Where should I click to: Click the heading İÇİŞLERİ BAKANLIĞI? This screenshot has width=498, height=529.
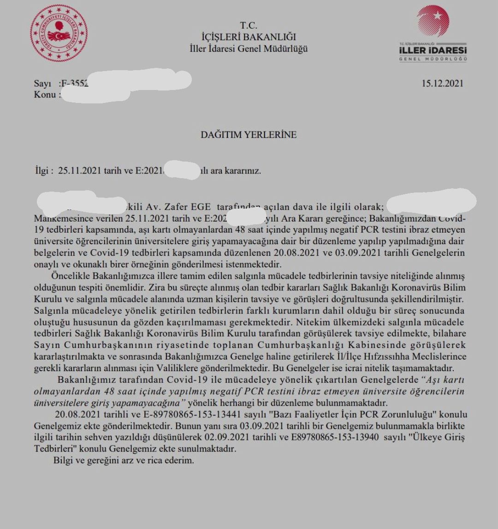[249, 37]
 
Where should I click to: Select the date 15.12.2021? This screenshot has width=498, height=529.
[442, 84]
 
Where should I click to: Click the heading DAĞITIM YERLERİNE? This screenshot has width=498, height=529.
[249, 135]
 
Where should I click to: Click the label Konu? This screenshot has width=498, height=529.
[45, 95]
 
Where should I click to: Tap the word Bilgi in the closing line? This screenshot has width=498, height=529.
[64, 460]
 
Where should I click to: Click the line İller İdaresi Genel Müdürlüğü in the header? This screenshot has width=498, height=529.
[249, 48]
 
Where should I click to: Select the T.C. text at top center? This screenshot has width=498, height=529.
[249, 25]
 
